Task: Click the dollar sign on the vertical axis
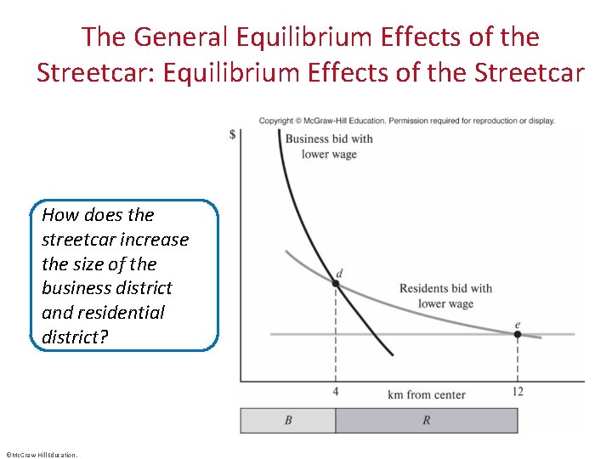click(233, 135)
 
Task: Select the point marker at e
click(517, 334)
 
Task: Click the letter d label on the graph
click(339, 273)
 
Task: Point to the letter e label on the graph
click(517, 324)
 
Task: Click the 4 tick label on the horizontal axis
click(336, 391)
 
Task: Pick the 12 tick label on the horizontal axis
click(517, 391)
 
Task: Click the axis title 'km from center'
click(426, 394)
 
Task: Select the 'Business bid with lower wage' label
click(329, 146)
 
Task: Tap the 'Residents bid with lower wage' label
click(445, 296)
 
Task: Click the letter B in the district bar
click(287, 421)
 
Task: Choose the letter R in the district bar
click(426, 421)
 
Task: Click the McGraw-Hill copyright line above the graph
click(406, 121)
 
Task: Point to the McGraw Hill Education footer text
click(40, 455)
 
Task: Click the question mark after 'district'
click(104, 337)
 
